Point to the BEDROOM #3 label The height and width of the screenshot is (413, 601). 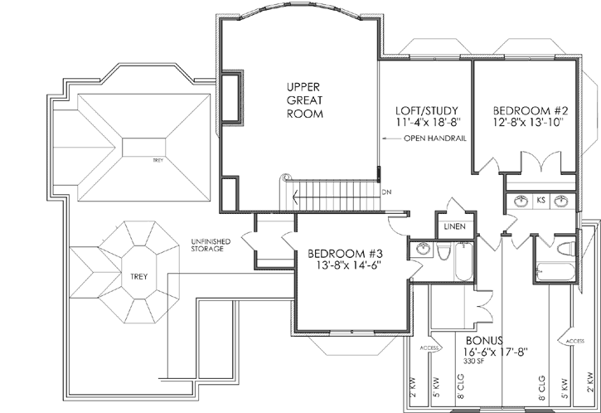[x=342, y=253]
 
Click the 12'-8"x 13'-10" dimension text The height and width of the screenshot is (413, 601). [x=527, y=123]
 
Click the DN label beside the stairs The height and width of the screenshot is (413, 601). [x=386, y=192]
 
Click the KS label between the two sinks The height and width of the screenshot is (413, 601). [x=540, y=201]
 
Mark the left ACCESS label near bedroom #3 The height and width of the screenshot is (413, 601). [x=429, y=347]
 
